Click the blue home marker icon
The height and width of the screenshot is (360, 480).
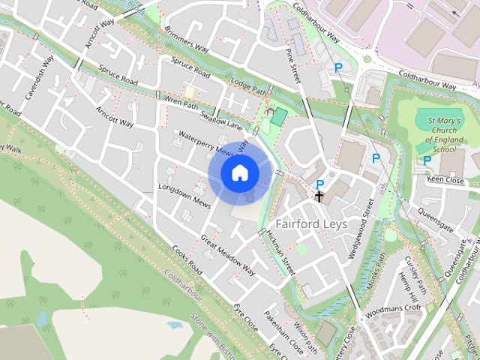239,172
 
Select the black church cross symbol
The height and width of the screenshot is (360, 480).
319,197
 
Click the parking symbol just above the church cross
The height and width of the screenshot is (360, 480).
320,184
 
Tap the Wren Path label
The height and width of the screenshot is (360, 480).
181,102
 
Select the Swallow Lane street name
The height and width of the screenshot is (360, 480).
223,120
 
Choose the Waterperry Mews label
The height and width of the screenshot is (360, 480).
206,142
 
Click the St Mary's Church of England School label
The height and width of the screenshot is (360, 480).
441,135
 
